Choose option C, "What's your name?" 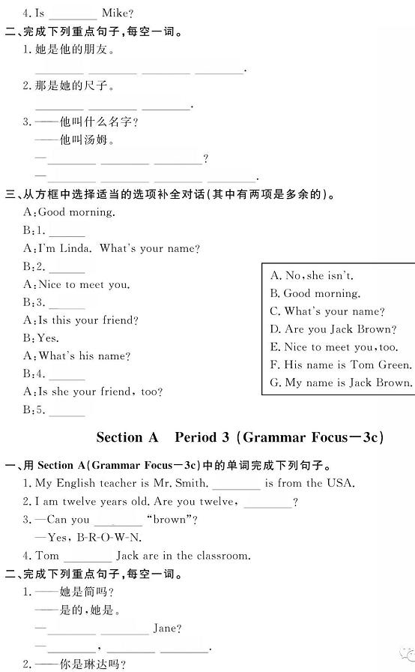327,311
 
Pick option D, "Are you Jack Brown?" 333,329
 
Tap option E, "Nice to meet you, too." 334,347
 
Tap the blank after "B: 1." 67,232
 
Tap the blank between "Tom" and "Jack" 88,556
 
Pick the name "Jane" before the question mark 166,628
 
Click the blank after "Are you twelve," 267,503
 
